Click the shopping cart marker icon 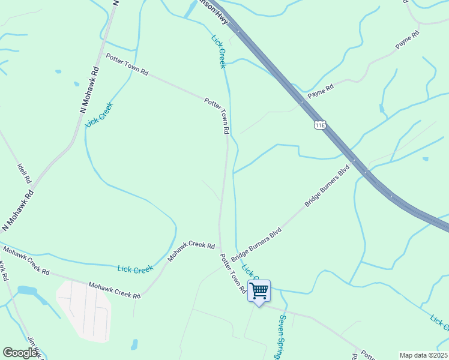[x=259, y=291]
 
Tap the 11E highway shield [x=319, y=124]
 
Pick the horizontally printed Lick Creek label [x=136, y=269]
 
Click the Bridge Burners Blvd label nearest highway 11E [x=327, y=187]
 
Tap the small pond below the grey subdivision [x=134, y=345]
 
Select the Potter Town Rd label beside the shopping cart [x=233, y=273]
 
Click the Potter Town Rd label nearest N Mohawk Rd [x=127, y=64]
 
